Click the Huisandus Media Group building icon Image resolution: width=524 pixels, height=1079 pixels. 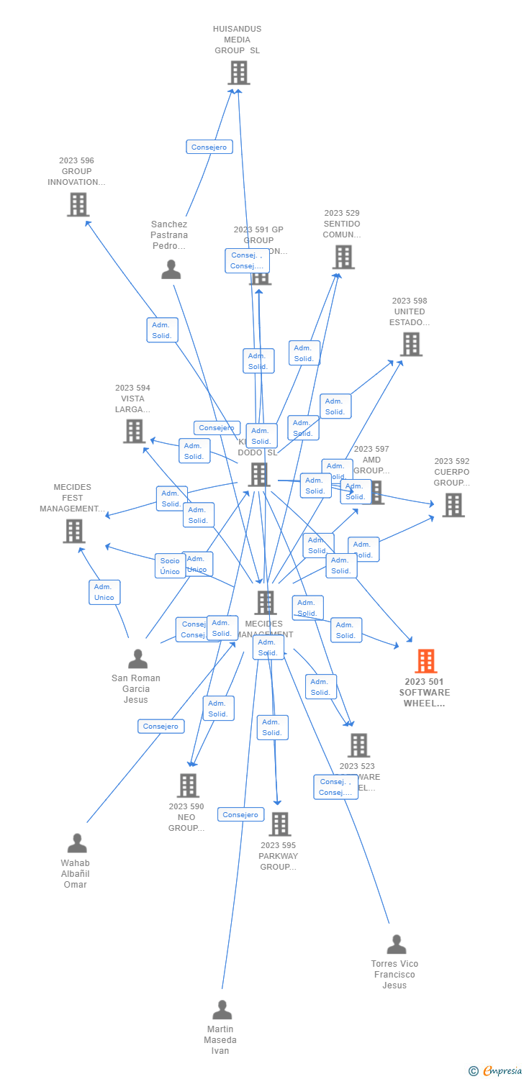pyautogui.click(x=239, y=73)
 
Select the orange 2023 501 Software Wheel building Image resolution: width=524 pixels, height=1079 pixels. pyautogui.click(x=425, y=661)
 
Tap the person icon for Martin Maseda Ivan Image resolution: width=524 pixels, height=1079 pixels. pyautogui.click(x=222, y=1010)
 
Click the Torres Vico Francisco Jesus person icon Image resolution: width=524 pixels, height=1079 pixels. pyautogui.click(x=396, y=944)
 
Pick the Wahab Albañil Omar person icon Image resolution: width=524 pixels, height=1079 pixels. pyautogui.click(x=77, y=843)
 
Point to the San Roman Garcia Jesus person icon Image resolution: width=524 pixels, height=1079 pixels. pyautogui.click(x=137, y=658)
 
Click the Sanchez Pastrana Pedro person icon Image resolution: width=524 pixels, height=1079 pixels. pyautogui.click(x=171, y=270)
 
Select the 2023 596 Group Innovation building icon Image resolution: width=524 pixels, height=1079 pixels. pyautogui.click(x=78, y=204)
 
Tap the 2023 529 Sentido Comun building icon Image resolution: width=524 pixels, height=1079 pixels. pyautogui.click(x=343, y=257)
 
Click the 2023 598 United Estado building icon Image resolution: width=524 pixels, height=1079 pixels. pyautogui.click(x=411, y=345)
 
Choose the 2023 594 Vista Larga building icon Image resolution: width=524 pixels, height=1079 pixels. pyautogui.click(x=134, y=432)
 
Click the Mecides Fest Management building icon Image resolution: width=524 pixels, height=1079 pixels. pyautogui.click(x=74, y=531)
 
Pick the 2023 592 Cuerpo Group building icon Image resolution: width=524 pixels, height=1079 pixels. pyautogui.click(x=453, y=505)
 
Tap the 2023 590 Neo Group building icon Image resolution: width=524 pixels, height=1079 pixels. pyautogui.click(x=188, y=786)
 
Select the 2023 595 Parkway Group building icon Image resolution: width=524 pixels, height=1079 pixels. pyautogui.click(x=279, y=824)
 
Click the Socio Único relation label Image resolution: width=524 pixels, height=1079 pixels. pyautogui.click(x=170, y=566)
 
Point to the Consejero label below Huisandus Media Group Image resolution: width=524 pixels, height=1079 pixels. pyautogui.click(x=209, y=147)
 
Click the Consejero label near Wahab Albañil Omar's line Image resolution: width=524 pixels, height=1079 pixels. pyautogui.click(x=161, y=727)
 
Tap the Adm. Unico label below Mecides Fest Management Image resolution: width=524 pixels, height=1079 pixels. pyautogui.click(x=104, y=592)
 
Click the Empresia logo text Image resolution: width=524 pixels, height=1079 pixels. pyautogui.click(x=502, y=1071)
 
